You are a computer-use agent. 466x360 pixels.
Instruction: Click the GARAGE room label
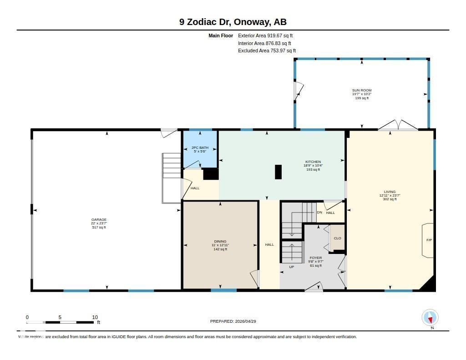click(99, 219)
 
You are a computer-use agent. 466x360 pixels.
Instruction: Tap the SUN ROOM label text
click(362, 90)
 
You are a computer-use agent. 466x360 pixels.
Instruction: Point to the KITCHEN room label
click(313, 162)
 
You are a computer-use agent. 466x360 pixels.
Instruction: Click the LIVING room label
click(390, 192)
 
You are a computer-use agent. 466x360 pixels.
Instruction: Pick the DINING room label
click(220, 241)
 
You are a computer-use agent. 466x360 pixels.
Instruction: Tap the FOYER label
click(316, 258)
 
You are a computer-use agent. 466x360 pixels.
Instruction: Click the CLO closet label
click(337, 238)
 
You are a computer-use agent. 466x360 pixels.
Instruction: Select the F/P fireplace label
click(429, 240)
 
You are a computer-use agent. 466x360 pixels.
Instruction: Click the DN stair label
click(319, 212)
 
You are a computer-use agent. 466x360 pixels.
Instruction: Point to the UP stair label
click(292, 267)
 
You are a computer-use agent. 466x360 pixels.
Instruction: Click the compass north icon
click(430, 318)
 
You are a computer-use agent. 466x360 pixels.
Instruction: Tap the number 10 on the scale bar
click(95, 317)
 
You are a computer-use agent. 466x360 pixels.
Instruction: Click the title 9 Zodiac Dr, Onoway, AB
click(233, 22)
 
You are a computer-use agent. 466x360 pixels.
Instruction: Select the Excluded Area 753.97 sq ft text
click(267, 51)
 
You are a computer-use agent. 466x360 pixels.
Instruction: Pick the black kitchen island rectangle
click(278, 172)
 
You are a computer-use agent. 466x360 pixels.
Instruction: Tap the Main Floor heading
click(221, 35)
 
